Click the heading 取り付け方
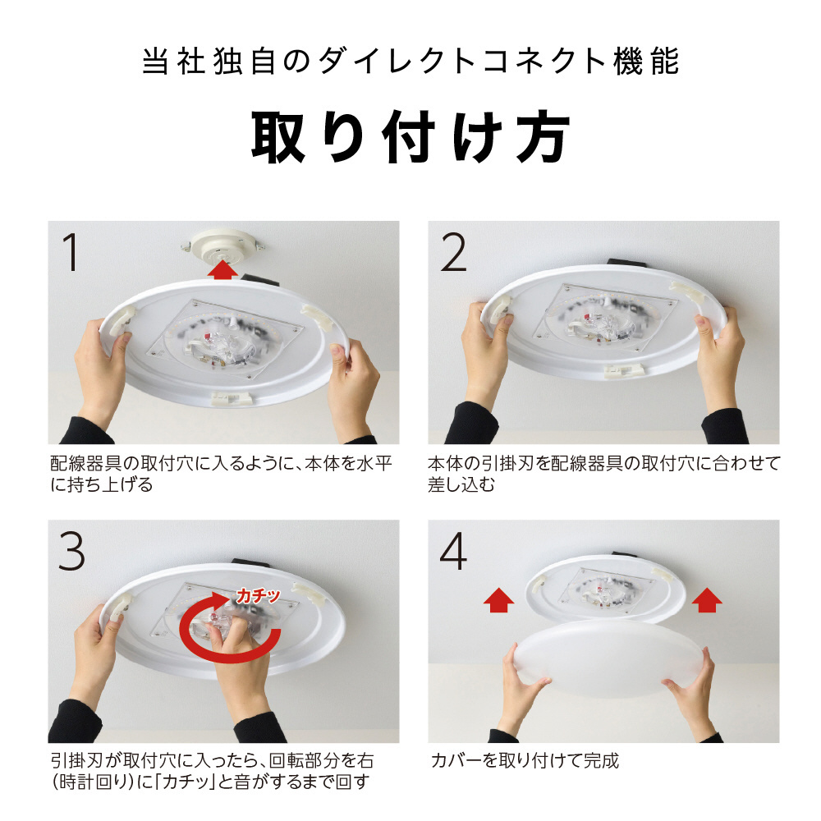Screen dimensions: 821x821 click(410, 136)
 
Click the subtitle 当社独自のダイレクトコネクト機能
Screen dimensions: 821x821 click(410, 62)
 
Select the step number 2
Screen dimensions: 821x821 click(453, 252)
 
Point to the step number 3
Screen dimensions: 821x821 click(71, 552)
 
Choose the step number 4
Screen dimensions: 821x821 click(453, 552)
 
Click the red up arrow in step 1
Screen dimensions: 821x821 click(222, 269)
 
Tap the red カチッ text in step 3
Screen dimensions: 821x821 click(258, 596)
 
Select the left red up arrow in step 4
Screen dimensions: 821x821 click(498, 599)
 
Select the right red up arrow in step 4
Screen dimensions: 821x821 click(707, 599)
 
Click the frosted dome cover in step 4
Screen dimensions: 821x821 click(608, 657)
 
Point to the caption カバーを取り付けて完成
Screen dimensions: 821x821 click(525, 760)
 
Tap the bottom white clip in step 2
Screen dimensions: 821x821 click(626, 371)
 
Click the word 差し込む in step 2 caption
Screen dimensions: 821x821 click(461, 484)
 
